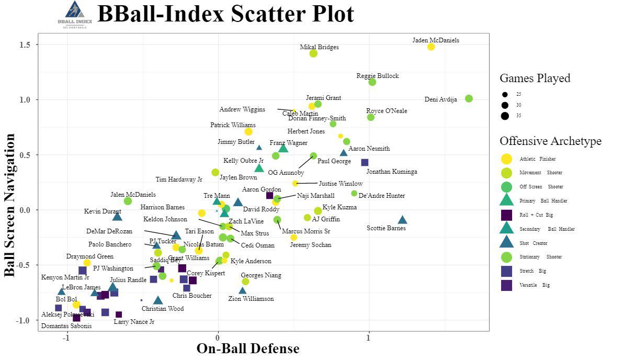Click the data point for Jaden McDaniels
431,47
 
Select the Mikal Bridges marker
313,53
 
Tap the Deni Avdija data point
469,98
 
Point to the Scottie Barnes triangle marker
402,220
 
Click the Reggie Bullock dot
372,82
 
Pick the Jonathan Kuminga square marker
365,162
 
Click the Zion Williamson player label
251,299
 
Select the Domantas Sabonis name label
66,326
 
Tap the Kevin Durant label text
103,211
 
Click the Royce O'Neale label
387,111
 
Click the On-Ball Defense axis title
248,348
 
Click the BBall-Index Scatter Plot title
225,14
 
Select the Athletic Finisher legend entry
538,159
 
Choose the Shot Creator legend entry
534,243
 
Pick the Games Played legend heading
535,78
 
